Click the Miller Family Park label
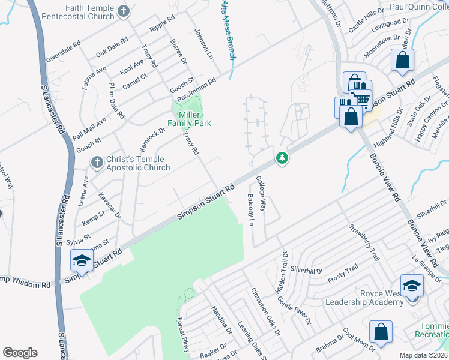point(189,118)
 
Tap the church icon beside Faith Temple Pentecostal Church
point(123,11)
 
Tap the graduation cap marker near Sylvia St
point(81,261)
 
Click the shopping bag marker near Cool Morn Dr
point(381,331)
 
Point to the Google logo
point(20,353)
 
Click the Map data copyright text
point(424,355)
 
